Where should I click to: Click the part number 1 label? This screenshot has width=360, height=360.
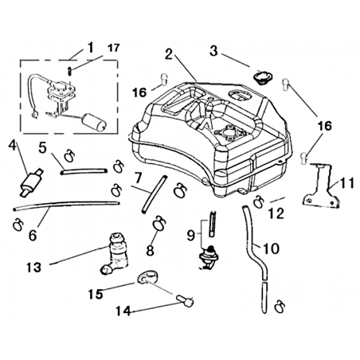coord(91,48)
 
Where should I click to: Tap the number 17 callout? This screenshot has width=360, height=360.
coord(114,48)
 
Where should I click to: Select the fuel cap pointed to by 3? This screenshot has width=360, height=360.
coord(262,77)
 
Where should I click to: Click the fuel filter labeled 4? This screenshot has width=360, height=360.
coord(30,182)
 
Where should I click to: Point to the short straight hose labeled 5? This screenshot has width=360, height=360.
coord(84,171)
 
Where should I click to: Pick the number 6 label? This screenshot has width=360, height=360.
coord(33,235)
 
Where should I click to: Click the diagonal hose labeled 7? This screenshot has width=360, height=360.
coord(154,194)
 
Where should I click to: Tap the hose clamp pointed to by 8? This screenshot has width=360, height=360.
coord(159,223)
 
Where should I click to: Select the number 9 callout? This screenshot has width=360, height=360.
coord(191,235)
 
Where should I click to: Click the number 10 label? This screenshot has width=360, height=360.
coord(271,248)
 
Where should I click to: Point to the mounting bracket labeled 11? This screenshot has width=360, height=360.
coord(321,186)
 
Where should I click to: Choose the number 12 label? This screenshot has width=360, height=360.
coord(276,213)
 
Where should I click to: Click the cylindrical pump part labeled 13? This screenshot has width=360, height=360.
coord(114,253)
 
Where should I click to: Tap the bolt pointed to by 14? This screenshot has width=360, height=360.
coord(185,301)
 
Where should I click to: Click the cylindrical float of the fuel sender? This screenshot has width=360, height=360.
coord(94,123)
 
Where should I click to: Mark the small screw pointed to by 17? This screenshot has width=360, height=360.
coord(69,71)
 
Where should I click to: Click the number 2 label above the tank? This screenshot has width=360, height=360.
coord(169,55)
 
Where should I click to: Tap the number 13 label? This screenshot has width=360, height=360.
coord(34,268)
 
